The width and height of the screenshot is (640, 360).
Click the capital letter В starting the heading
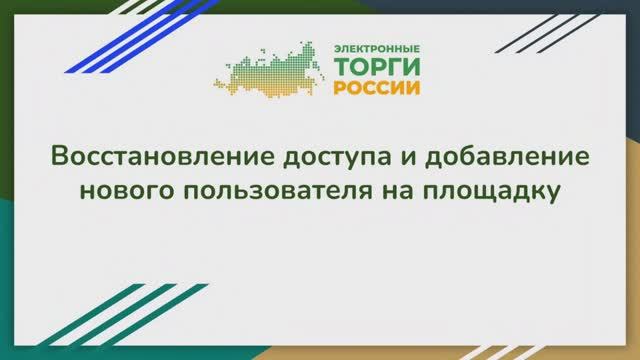(x=58, y=158)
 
